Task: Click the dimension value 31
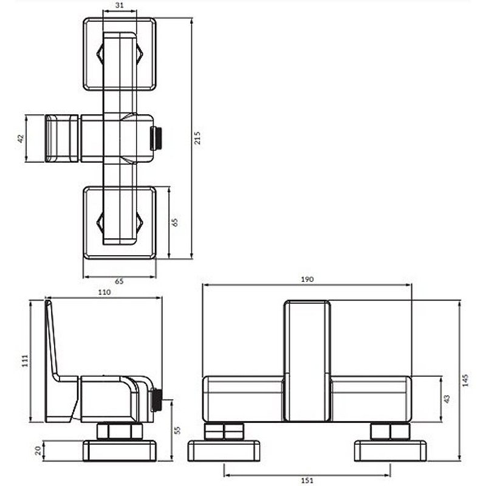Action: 119,5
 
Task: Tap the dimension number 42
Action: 21,139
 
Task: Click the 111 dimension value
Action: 24,361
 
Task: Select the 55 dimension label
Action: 179,429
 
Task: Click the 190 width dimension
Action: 307,279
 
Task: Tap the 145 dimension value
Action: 465,381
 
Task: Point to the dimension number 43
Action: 447,399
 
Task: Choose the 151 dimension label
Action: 307,481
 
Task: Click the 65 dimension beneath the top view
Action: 119,282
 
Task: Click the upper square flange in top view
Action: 119,55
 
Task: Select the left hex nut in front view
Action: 224,432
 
